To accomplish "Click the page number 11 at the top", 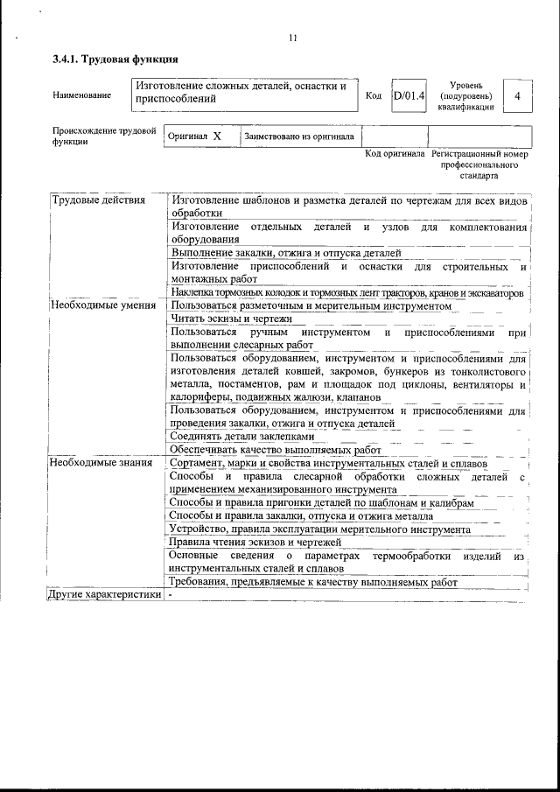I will [293, 37].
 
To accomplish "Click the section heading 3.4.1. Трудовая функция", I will [115, 60].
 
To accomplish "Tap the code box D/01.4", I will [409, 95].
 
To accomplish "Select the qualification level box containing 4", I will [518, 95].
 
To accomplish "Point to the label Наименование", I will [82, 95].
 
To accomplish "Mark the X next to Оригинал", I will [217, 137].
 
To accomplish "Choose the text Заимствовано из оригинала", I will [299, 137].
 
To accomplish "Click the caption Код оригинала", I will [395, 153].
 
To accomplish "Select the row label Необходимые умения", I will [103, 305].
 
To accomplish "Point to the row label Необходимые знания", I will [101, 463].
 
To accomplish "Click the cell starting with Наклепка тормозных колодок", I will [346, 292].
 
